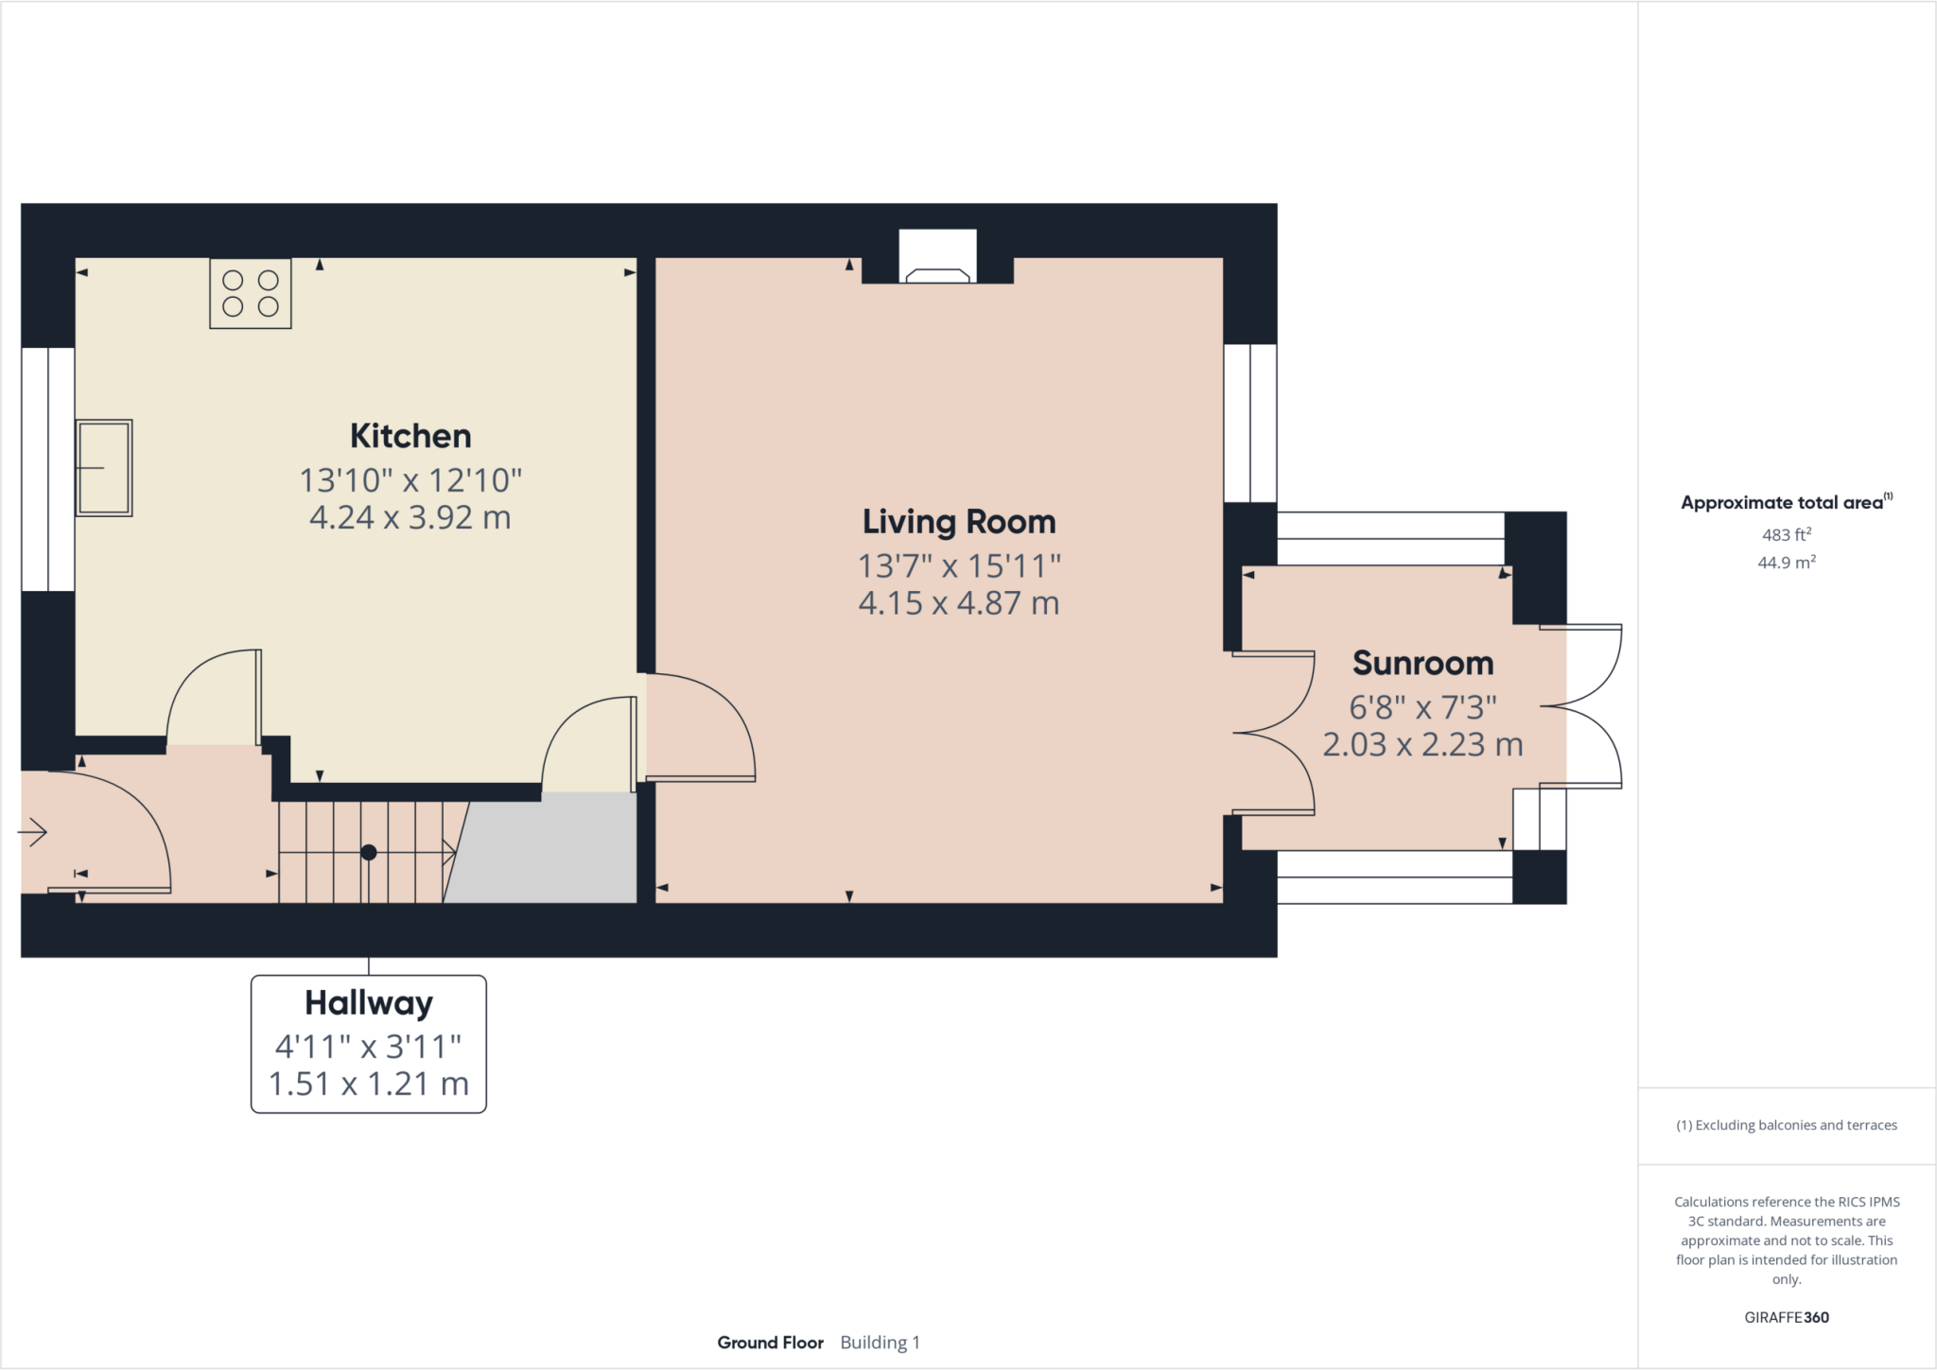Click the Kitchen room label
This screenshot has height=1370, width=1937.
pos(410,436)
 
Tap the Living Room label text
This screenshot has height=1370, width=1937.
pos(958,522)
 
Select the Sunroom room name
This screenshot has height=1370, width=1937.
pos(1422,663)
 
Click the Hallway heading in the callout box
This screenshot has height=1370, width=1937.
pos(369,1002)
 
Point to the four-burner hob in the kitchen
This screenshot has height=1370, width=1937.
pos(251,293)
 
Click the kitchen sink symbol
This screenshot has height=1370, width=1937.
pos(104,468)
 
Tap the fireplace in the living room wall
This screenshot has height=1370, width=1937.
pos(937,258)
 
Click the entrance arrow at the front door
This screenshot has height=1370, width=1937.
pos(33,832)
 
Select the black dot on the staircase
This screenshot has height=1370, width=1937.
pos(369,852)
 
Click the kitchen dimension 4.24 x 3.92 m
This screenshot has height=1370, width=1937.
pos(410,518)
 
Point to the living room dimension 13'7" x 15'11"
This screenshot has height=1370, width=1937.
pos(958,566)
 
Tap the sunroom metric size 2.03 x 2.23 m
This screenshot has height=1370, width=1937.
pos(1422,745)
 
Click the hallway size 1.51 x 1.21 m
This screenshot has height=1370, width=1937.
pos(369,1084)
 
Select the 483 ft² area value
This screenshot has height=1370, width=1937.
pos(1786,535)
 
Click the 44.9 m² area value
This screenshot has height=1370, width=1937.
pos(1786,563)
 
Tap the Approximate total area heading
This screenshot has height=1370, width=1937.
pos(1783,503)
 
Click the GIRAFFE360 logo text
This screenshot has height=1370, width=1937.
pos(1786,1317)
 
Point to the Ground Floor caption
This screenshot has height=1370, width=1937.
pos(770,1343)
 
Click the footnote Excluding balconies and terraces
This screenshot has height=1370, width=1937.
pos(1786,1125)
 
